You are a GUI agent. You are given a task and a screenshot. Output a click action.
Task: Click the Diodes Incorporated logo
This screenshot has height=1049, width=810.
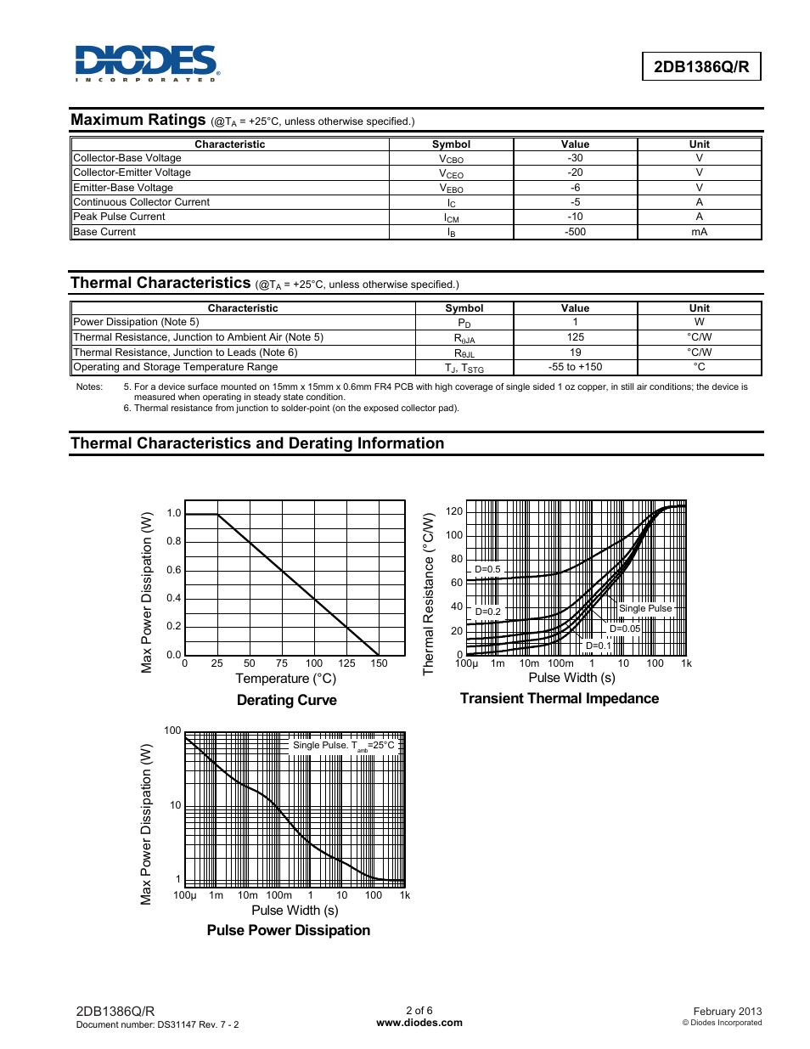coord(147,63)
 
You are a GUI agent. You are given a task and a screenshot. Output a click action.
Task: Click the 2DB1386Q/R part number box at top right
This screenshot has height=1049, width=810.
coord(700,67)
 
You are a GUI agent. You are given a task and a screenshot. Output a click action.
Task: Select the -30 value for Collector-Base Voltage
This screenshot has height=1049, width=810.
coord(575,158)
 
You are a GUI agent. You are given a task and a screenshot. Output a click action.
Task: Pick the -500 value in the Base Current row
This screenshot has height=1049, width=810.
coord(575,232)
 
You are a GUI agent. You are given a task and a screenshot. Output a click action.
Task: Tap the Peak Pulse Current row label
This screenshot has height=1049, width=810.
coord(120,217)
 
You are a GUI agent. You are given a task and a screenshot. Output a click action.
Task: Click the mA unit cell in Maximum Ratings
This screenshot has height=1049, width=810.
coord(699,232)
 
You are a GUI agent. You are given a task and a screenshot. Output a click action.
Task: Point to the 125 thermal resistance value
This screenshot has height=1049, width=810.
coord(575,337)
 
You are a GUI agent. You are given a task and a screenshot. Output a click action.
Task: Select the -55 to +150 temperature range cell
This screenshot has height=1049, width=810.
coord(575,367)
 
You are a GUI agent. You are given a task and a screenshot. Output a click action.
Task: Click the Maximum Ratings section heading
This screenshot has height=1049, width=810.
coord(138,120)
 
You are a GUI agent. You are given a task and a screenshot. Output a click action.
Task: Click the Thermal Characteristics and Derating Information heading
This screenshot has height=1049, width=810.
coord(257,443)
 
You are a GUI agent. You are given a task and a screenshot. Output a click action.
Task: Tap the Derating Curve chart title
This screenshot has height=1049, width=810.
coord(286,700)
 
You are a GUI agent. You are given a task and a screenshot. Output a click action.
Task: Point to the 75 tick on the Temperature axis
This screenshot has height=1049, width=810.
coord(281,663)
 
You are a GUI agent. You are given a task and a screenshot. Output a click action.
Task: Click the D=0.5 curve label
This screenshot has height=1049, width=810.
coord(487,569)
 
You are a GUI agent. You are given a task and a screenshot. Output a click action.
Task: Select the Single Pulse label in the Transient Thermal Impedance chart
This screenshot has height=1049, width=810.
coord(645,608)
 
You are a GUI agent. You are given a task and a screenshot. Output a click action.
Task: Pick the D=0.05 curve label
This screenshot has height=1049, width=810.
coord(625,629)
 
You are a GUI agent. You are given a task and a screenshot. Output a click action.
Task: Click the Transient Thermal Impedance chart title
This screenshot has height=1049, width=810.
coord(559,698)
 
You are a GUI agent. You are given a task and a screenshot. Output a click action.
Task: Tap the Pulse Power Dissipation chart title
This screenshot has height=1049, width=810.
coord(288,930)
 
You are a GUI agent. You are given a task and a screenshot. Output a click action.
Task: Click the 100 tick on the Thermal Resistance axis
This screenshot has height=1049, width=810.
coord(454,535)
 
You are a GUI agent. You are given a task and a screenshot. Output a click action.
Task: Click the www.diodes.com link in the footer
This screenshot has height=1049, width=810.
coord(419,1023)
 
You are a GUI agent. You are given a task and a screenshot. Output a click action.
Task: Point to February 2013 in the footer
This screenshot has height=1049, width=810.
coord(727,1012)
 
